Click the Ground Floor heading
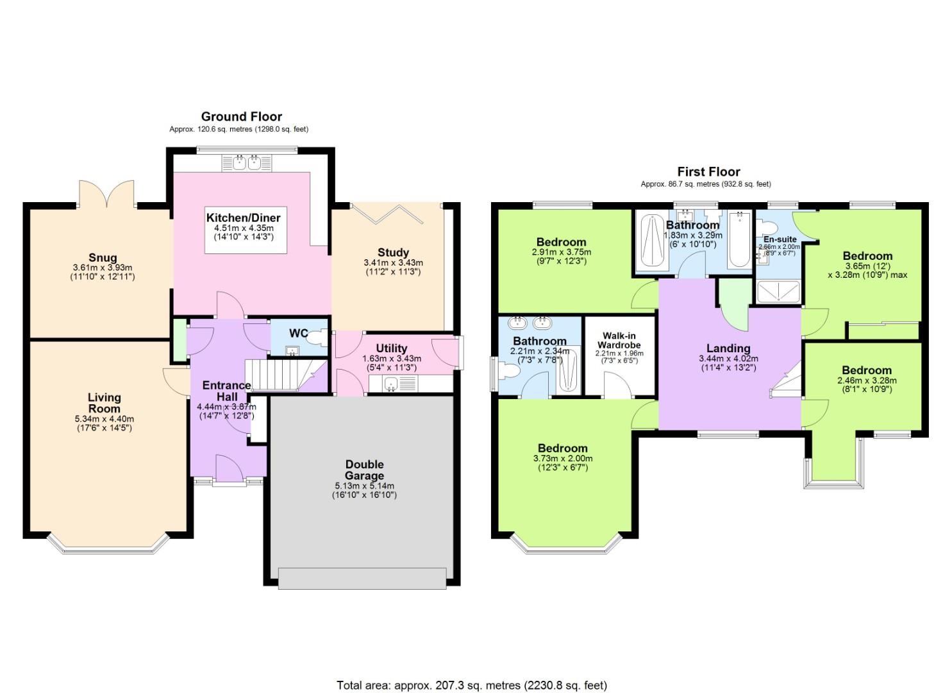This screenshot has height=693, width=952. (x=242, y=116)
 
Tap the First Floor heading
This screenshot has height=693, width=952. (x=708, y=171)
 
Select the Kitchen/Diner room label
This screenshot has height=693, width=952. (x=243, y=218)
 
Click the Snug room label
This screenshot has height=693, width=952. (x=103, y=258)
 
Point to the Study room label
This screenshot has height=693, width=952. (x=393, y=252)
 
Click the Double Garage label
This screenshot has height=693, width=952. (x=364, y=470)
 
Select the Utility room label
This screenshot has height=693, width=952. (x=391, y=348)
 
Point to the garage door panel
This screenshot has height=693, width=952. (x=362, y=578)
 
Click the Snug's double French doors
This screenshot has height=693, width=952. (x=108, y=194)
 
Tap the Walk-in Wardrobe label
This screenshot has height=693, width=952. (x=619, y=340)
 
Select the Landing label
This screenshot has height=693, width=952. (x=728, y=348)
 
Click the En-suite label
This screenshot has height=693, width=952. (x=780, y=239)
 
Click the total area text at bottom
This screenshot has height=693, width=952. (x=471, y=685)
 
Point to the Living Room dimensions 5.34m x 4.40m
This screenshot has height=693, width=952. (x=104, y=419)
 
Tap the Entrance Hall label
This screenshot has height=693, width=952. (x=226, y=391)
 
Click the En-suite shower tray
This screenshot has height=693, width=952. (x=778, y=292)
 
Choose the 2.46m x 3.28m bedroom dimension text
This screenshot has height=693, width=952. (x=867, y=381)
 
